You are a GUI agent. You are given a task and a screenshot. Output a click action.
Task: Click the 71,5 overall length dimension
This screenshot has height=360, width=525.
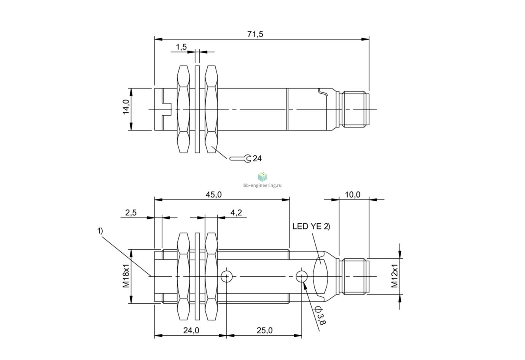tap(255, 34)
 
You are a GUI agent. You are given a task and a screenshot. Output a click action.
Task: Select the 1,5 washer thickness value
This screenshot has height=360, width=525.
tap(181, 47)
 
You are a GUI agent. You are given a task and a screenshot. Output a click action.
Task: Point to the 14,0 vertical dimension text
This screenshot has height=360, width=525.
tap(126, 107)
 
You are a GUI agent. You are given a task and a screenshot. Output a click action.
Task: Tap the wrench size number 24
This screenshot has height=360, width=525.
tap(257, 159)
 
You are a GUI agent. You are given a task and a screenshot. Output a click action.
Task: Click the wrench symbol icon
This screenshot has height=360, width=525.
tap(240, 159)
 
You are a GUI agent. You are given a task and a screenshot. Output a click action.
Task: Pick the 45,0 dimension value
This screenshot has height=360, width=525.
tap(213, 194)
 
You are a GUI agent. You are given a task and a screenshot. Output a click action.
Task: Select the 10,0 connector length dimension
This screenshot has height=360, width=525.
tap(353, 194)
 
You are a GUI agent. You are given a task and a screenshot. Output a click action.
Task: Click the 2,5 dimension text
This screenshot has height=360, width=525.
tap(131, 213)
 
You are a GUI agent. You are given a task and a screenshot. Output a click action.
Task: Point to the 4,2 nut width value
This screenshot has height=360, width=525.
tap(236, 213)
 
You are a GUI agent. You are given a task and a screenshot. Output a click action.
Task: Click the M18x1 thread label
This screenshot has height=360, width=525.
tap(126, 276)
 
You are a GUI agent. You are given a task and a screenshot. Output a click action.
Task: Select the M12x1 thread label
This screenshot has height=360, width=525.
tap(395, 276)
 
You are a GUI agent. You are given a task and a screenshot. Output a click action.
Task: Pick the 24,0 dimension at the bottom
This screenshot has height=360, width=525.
tap(191, 330)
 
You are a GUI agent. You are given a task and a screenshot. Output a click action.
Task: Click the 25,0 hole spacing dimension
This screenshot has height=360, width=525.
tap(265, 330)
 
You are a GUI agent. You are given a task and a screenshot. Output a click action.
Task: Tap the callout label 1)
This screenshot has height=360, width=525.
tap(100, 231)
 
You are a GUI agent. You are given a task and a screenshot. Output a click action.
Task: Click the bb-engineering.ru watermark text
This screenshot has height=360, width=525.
tap(262, 185)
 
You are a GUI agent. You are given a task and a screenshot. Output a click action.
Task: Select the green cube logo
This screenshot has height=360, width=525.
tap(262, 177)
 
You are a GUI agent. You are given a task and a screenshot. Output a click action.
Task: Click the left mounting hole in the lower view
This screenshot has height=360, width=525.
tap(226, 277)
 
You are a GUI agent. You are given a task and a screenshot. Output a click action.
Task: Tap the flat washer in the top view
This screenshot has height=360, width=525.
tap(197, 109)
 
